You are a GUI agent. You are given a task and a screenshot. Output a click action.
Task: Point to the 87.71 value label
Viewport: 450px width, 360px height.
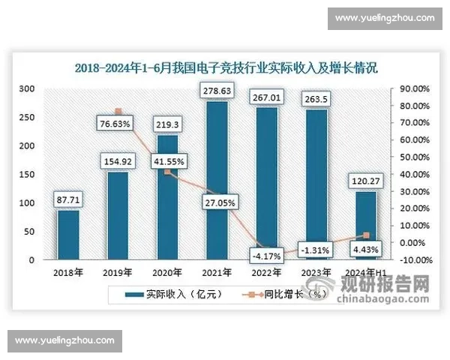68,199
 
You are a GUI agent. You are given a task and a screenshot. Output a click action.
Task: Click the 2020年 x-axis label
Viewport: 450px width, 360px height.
168,271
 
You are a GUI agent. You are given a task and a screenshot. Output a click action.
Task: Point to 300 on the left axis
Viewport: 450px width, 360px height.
27,88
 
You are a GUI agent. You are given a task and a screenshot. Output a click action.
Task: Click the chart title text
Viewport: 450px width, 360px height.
225,67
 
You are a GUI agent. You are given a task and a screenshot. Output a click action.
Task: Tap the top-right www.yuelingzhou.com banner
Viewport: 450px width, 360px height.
384,18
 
